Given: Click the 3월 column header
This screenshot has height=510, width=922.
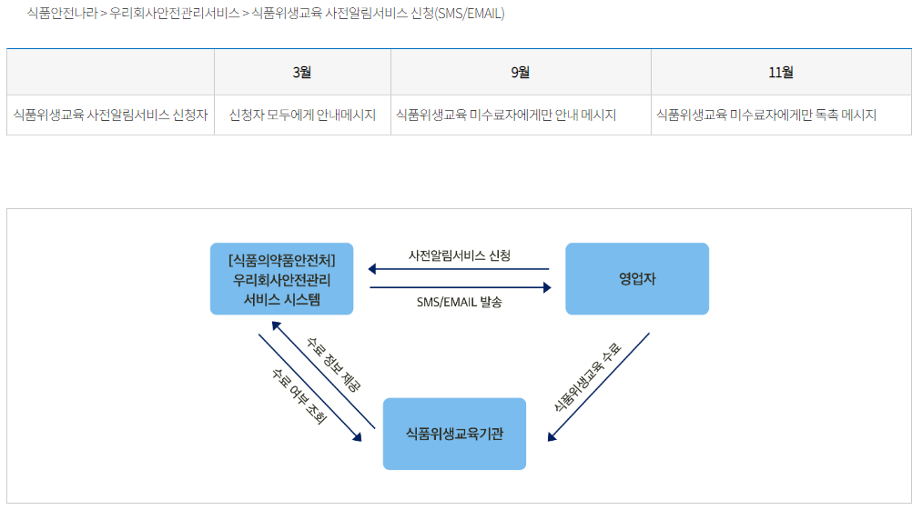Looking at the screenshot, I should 302,73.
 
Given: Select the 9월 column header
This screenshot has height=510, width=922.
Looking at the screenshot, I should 521,73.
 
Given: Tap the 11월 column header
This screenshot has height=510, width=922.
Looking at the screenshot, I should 781,73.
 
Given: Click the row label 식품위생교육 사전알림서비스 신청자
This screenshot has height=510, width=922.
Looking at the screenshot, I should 111,115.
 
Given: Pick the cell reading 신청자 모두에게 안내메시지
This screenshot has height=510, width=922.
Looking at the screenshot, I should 302,115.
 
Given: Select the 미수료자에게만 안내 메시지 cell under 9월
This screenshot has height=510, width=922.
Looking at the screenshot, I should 506,115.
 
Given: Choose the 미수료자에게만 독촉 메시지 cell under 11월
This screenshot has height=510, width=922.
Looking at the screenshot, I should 765,115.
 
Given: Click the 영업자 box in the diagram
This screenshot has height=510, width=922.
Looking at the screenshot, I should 636,279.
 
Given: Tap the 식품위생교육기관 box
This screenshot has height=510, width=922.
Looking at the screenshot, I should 454,434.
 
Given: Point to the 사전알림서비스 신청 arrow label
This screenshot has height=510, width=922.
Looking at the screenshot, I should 460,255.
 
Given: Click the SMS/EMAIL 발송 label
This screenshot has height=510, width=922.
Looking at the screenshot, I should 459,302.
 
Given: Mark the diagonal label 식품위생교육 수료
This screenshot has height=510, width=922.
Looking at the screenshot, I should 588,377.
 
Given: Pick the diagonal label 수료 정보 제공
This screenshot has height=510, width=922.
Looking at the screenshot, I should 335,364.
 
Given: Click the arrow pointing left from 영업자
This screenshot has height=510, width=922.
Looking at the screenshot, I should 459,269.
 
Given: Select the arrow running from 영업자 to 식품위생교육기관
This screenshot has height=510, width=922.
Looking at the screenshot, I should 599,387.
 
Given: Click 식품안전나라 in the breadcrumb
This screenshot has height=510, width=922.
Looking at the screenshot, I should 62,14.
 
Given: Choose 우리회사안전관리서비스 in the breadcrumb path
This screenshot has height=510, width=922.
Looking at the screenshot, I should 175,14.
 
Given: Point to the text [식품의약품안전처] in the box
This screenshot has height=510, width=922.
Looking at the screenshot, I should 281,259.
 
